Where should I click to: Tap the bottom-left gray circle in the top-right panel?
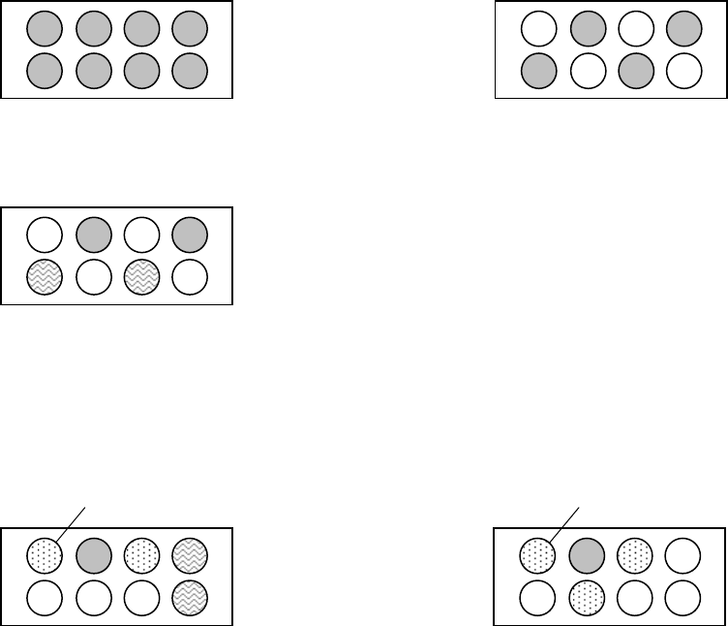click(538, 69)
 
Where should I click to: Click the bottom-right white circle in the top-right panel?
click(683, 69)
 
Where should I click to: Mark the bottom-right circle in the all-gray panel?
click(190, 69)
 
